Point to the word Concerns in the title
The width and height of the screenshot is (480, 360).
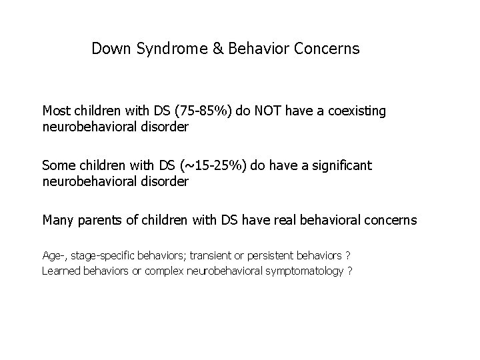pyautogui.click(x=329, y=49)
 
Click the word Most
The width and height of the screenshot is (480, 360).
pyautogui.click(x=57, y=111)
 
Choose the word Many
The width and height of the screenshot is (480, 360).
pyautogui.click(x=58, y=219)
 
